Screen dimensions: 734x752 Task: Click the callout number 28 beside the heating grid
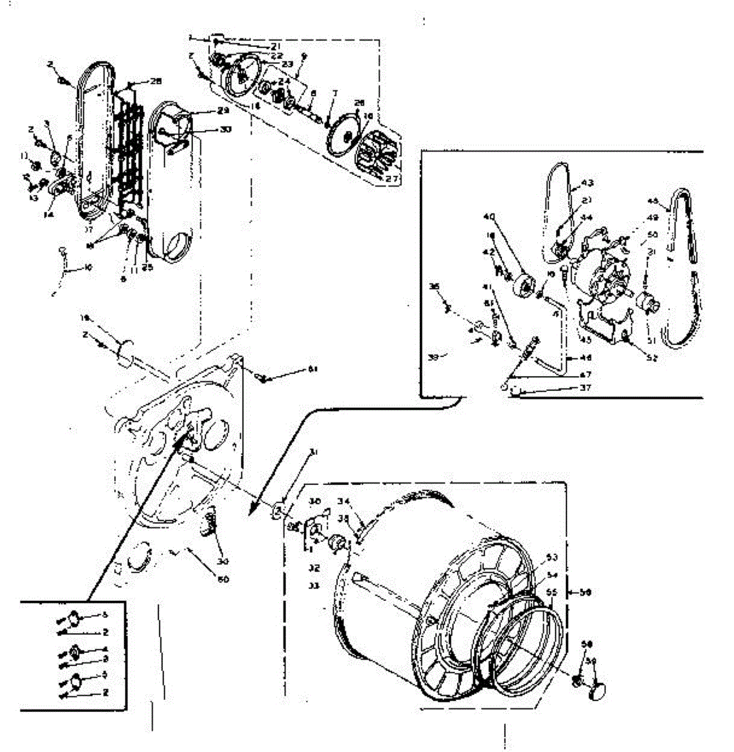tap(155, 81)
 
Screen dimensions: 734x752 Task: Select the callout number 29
tap(205, 110)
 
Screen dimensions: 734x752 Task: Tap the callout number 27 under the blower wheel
tap(392, 179)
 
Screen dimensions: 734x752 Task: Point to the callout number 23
tap(287, 65)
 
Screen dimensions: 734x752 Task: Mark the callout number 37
tap(569, 388)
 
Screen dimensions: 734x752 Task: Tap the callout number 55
tap(552, 591)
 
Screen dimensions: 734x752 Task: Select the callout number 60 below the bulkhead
tap(223, 579)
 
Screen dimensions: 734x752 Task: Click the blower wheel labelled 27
tap(377, 157)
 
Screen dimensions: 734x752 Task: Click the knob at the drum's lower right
tap(598, 691)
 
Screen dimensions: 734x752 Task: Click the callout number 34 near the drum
tap(343, 500)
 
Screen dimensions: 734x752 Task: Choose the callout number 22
tap(276, 56)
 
